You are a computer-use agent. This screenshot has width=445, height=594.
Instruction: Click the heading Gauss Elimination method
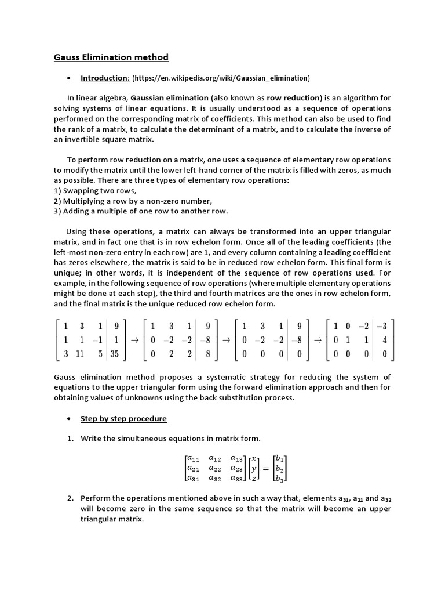click(x=111, y=57)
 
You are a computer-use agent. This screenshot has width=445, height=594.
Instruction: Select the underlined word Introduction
click(x=104, y=78)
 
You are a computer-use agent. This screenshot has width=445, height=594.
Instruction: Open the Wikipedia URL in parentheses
click(x=221, y=78)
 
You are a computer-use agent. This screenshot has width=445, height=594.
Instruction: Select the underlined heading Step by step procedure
click(x=123, y=418)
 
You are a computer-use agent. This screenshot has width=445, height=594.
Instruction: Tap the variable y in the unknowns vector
click(x=254, y=468)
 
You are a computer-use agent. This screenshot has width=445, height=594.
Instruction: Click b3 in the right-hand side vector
click(x=280, y=479)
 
